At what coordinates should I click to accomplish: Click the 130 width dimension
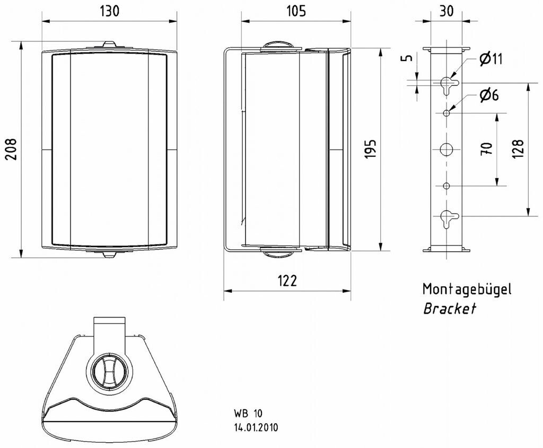coord(109,11)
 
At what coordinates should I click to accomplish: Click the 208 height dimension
coord(12,149)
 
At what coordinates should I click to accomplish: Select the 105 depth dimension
coord(296,11)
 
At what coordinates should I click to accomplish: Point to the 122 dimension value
coord(287,280)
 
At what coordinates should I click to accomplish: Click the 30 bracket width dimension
coord(446,11)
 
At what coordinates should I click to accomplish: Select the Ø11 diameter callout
coord(491,59)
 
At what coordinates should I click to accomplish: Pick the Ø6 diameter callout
coord(489,94)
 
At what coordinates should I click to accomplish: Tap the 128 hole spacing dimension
coord(518,149)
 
